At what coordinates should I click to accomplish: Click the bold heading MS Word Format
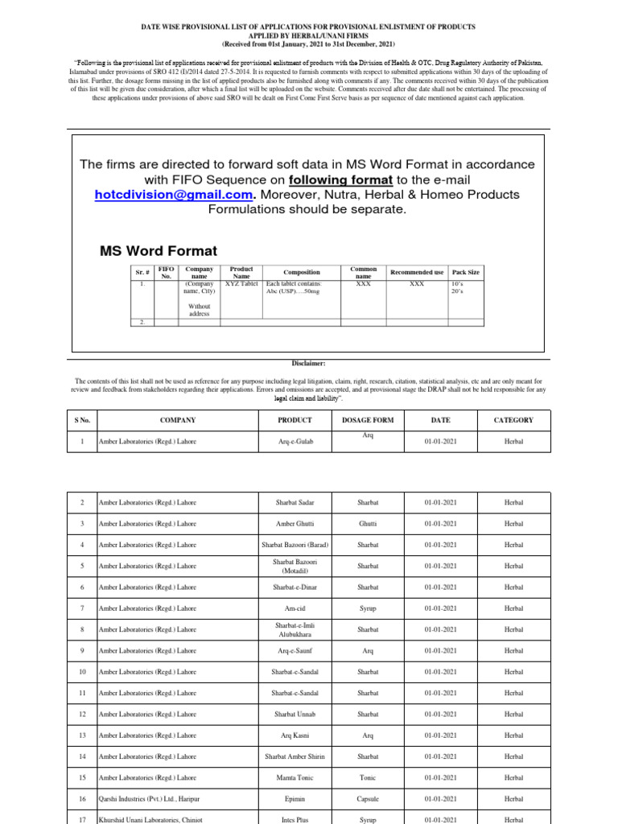(x=158, y=250)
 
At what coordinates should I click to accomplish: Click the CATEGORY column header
(x=513, y=420)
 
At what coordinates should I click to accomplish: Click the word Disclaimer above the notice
(x=308, y=364)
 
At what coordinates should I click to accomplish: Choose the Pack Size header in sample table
(x=465, y=273)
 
